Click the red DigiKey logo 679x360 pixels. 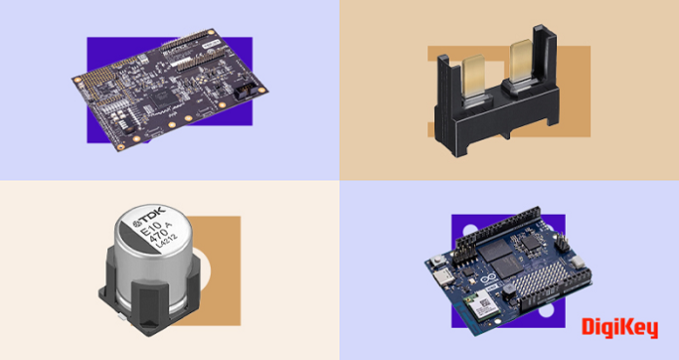point(619,329)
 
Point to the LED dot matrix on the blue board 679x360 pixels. point(555,284)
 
